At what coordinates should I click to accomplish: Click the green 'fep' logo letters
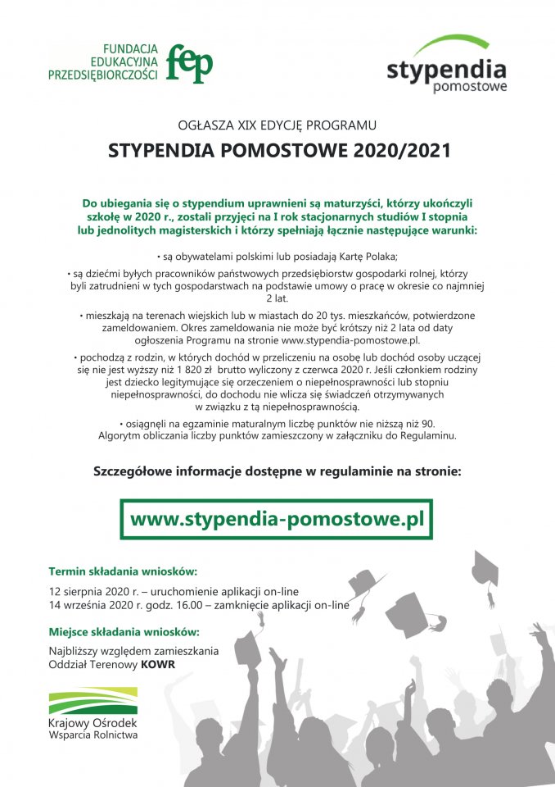coord(189,63)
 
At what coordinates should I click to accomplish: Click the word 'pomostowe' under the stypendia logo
coord(469,85)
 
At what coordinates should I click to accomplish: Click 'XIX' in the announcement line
coord(250,125)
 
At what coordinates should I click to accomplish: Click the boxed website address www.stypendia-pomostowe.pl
coord(277,519)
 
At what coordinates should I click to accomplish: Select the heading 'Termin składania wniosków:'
coord(123,571)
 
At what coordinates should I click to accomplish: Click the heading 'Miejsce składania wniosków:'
coord(124,632)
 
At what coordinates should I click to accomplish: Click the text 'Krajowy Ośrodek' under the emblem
coord(92,723)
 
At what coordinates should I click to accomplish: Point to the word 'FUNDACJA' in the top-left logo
coord(130,48)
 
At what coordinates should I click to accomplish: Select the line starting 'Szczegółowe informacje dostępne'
coord(277,472)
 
